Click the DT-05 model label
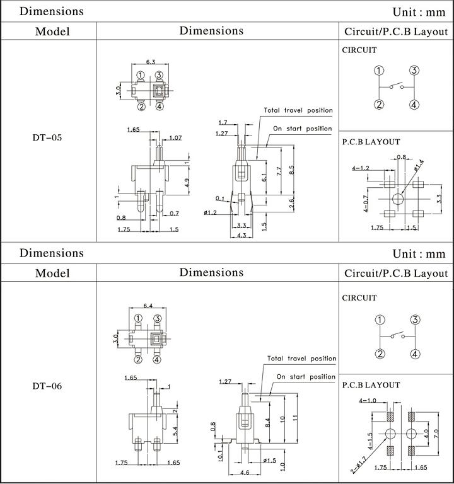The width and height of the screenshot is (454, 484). pyautogui.click(x=47, y=137)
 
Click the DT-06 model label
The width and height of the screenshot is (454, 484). pyautogui.click(x=47, y=386)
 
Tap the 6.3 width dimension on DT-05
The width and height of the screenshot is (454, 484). pyautogui.click(x=151, y=62)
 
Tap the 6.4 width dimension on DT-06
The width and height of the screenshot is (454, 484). pyautogui.click(x=148, y=306)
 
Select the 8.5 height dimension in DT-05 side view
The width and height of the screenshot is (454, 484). pyautogui.click(x=291, y=170)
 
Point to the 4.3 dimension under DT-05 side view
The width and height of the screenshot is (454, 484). pyautogui.click(x=242, y=235)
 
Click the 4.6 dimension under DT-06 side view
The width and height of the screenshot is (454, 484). pyautogui.click(x=245, y=472)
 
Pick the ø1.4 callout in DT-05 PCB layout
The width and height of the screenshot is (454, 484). pyautogui.click(x=419, y=165)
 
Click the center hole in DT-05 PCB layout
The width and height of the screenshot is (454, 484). pyautogui.click(x=398, y=199)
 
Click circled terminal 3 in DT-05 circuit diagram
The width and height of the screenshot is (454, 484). pyautogui.click(x=414, y=71)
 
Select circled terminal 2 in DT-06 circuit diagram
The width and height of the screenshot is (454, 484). pyautogui.click(x=380, y=354)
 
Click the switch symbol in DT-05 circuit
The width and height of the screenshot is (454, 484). pyautogui.click(x=397, y=86)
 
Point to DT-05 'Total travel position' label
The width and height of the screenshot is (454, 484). pyautogui.click(x=298, y=110)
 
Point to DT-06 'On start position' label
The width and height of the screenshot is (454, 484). pyautogui.click(x=306, y=377)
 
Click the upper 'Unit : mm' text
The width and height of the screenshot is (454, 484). pyautogui.click(x=419, y=12)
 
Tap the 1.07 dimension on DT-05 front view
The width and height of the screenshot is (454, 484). pyautogui.click(x=175, y=137)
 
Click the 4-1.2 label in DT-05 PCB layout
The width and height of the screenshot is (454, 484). pyautogui.click(x=361, y=168)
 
